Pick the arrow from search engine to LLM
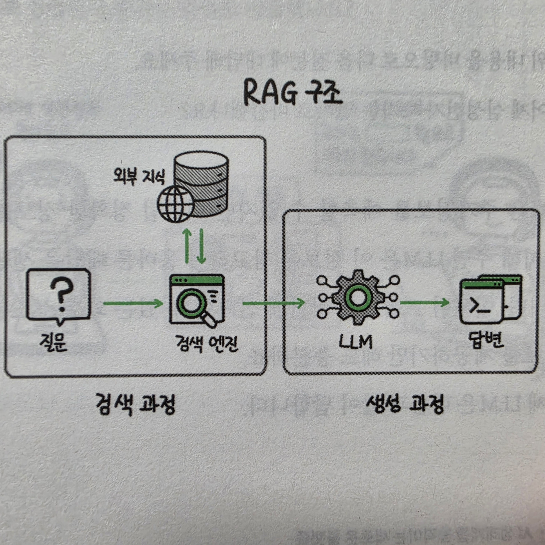[x=274, y=303]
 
